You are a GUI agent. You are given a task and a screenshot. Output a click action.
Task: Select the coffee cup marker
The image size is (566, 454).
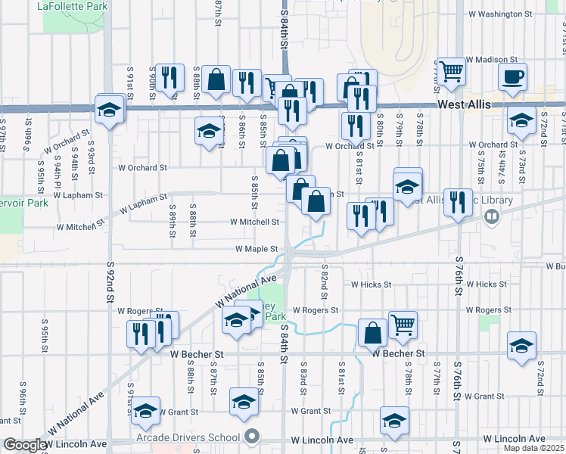(x=513, y=77)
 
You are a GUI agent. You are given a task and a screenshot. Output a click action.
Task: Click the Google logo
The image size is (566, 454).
(x=24, y=445)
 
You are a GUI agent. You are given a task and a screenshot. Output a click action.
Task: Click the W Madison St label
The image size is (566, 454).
(x=491, y=58)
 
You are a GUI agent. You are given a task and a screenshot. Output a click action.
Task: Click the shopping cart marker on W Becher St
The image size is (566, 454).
(x=403, y=325)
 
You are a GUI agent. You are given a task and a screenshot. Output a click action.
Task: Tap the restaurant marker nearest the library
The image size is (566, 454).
(x=457, y=202)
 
